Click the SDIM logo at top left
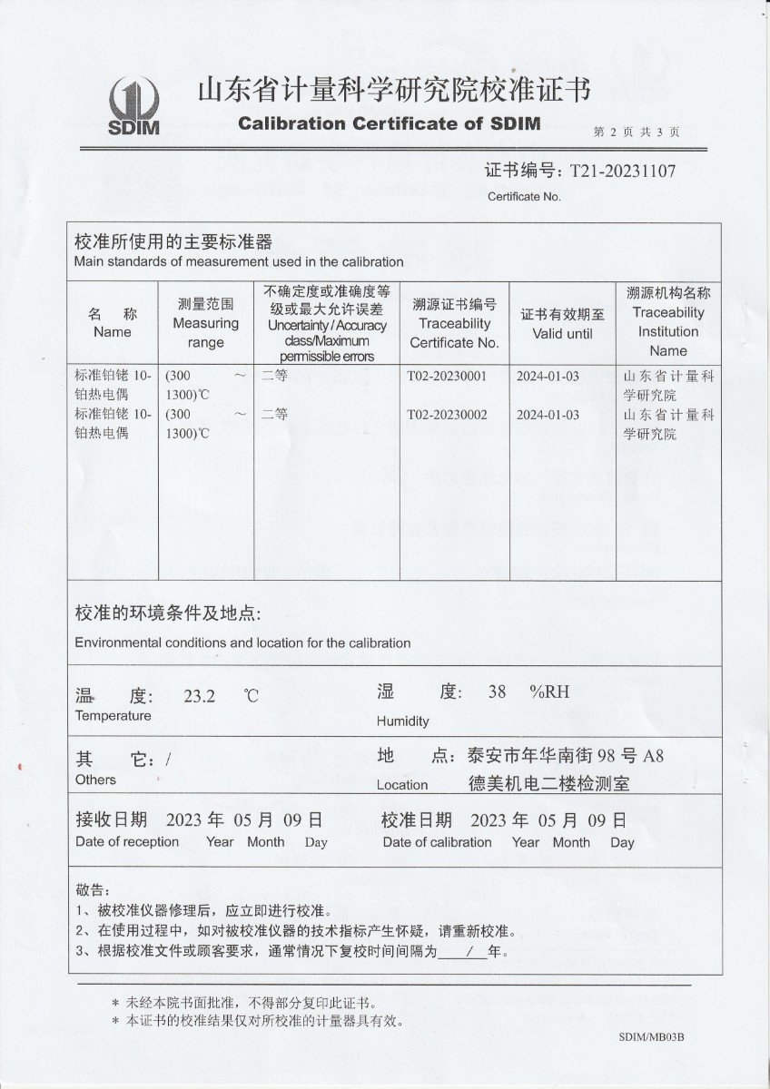coord(133,105)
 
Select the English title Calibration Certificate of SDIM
coord(390,123)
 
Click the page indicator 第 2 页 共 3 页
coord(637,132)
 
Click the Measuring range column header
coord(205,323)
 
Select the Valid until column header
coord(562,324)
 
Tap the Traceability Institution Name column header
coord(668,322)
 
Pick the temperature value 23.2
coord(199,697)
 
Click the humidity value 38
coord(497,692)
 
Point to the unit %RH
coord(549,692)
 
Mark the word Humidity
coord(402,721)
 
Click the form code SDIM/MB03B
coord(651,1036)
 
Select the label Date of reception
coord(127,842)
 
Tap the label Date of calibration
coord(437,842)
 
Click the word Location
coord(402,785)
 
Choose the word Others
coord(95,780)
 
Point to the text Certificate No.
coord(525,196)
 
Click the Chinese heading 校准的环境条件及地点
coord(167,614)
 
